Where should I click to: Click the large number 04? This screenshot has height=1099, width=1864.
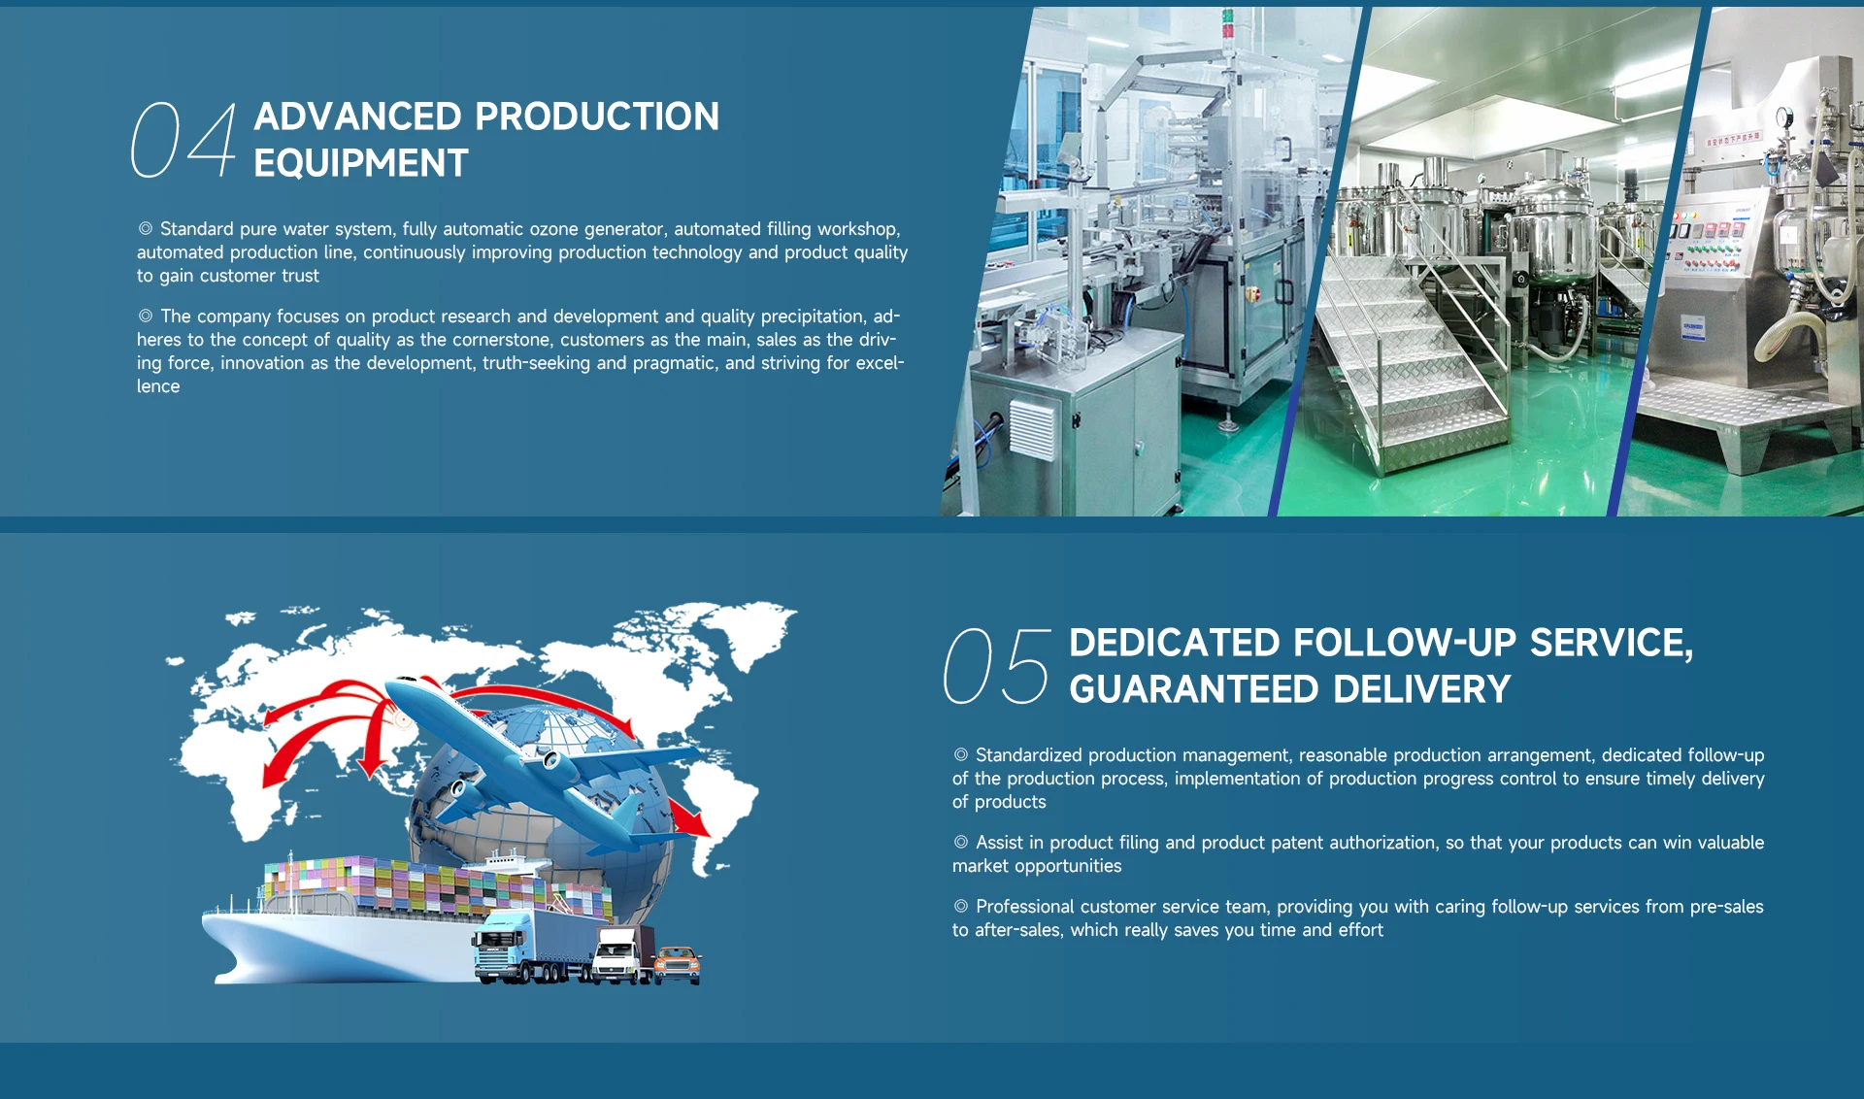coord(183,141)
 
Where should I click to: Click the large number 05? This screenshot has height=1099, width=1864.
coord(997,665)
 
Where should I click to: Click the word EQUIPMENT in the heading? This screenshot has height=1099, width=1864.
coord(361,163)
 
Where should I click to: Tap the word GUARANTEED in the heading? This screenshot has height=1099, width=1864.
coord(1194,689)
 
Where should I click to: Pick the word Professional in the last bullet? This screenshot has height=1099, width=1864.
coord(1025,907)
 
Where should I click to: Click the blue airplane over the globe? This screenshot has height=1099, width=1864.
coord(544,757)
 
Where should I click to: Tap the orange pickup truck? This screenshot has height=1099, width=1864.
coord(678,964)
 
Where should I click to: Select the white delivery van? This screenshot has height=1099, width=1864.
coord(617,956)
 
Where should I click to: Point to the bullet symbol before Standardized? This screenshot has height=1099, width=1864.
coord(961,754)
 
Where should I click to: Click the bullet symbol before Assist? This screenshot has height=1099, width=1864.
coord(961,842)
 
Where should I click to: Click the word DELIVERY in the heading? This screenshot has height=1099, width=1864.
coord(1422,689)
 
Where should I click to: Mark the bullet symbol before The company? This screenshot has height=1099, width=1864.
coord(146,316)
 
